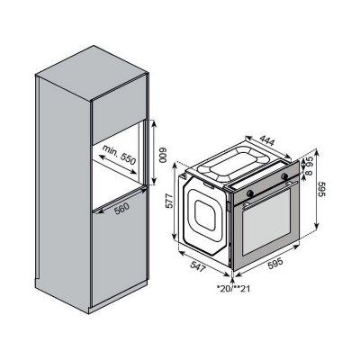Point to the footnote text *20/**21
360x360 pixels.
233,289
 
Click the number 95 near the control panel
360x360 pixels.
307,166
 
